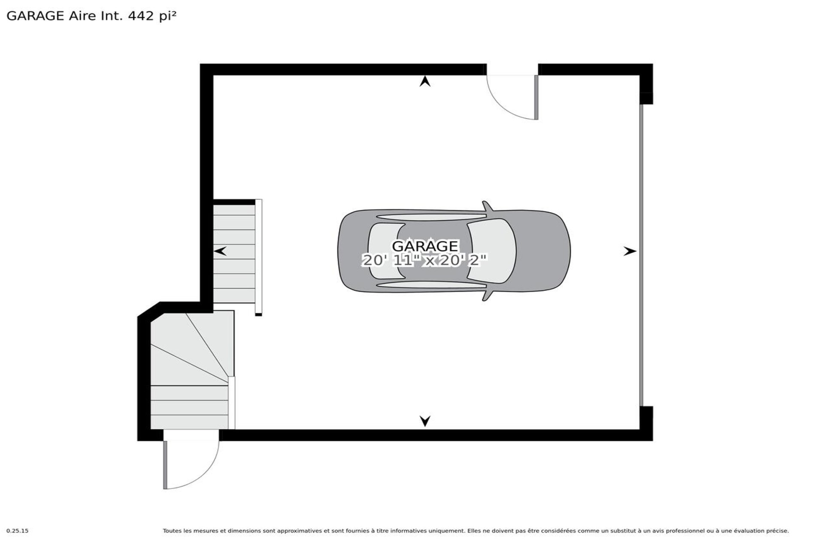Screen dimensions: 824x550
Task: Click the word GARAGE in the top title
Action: [36, 16]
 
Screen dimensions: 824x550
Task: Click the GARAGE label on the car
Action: [425, 246]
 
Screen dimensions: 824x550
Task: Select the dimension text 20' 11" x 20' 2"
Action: [425, 260]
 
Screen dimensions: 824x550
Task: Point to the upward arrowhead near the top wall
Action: [425, 81]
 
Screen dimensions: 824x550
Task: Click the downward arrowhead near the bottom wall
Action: [425, 421]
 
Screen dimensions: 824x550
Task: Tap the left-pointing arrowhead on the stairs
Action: [220, 251]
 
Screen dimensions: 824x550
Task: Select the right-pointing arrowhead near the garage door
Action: [630, 251]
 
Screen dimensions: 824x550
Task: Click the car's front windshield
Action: [491, 251]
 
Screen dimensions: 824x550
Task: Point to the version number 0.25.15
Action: [18, 531]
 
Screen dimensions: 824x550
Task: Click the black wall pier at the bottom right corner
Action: [646, 423]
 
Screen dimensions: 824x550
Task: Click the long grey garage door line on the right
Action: [642, 255]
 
